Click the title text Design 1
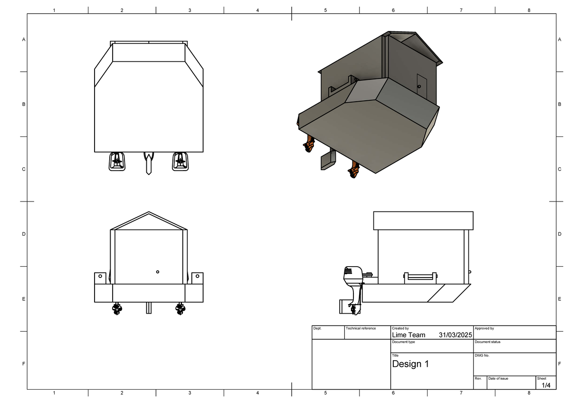point(410,364)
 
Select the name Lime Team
point(408,335)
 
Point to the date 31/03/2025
point(456,335)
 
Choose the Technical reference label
point(361,328)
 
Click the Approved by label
point(484,328)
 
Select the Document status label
point(487,342)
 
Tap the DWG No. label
point(482,355)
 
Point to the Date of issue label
point(498,378)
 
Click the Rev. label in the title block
point(478,378)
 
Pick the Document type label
point(403,342)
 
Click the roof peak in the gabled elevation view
point(149,212)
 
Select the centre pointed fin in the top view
point(149,163)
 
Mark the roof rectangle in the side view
point(423,221)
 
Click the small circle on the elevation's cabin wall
point(158,272)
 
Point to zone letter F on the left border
point(23,364)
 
